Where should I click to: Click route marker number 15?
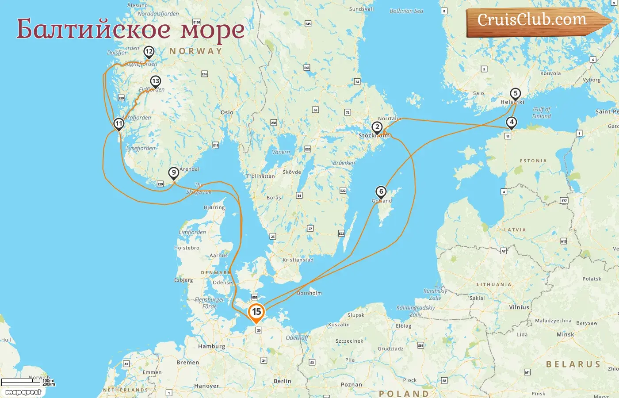point(256,312)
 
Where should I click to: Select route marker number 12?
point(149,52)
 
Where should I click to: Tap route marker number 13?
point(155,81)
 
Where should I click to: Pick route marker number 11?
point(118,124)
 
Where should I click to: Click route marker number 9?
point(174,173)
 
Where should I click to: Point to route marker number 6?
point(381,192)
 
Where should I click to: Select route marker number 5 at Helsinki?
point(515,94)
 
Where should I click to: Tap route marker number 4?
point(512,122)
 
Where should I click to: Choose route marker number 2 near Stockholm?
point(377,127)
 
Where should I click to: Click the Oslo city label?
point(227,112)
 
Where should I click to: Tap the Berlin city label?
point(282,381)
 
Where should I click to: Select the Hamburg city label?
point(211,346)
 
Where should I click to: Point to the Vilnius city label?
point(519,307)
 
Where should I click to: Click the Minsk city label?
point(565,334)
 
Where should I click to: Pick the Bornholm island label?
point(309,293)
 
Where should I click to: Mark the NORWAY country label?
point(195,51)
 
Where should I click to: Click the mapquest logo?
point(23,392)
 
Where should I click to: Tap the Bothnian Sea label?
point(406,11)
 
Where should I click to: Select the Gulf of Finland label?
point(542,113)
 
